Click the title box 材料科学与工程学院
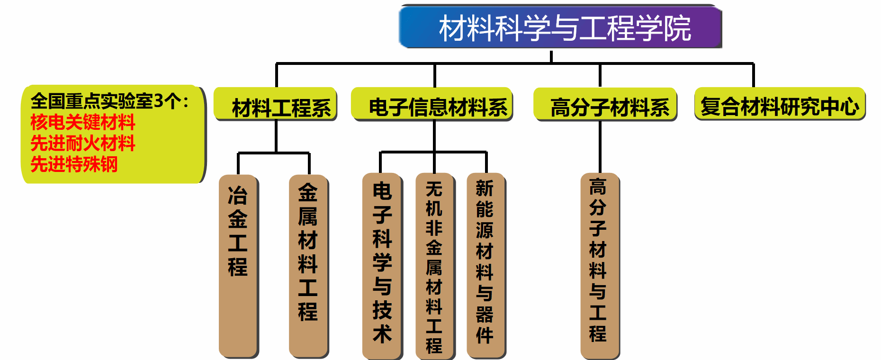(x=560, y=27)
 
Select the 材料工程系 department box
(x=276, y=104)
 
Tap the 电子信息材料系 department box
(x=432, y=104)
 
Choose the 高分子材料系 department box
(x=605, y=104)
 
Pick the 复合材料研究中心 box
(x=780, y=104)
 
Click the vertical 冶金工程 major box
(x=238, y=265)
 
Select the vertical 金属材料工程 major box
(x=308, y=265)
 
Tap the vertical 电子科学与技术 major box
(x=382, y=265)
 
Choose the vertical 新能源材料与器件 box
(x=485, y=265)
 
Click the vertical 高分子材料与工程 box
(x=599, y=265)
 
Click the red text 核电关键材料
(x=83, y=122)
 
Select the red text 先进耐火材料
(x=83, y=143)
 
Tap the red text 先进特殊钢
(x=74, y=164)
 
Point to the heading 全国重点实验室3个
(x=109, y=101)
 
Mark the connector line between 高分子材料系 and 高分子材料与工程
(x=600, y=147)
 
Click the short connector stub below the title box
(x=551, y=56)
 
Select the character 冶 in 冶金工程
(x=238, y=195)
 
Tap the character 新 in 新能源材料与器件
(x=485, y=189)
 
